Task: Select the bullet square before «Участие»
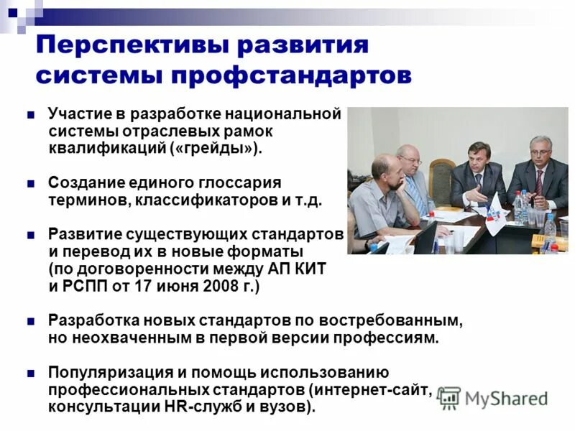click(31, 115)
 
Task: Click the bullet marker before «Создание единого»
click(31, 183)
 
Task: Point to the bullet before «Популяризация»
click(31, 374)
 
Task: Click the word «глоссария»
click(242, 182)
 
